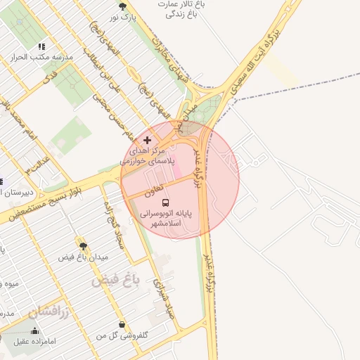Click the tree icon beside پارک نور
click(x=123, y=6)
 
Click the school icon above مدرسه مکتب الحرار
click(x=41, y=47)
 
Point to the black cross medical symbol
click(x=147, y=141)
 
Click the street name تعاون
click(x=154, y=188)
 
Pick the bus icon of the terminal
click(x=167, y=202)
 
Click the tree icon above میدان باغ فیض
click(x=83, y=246)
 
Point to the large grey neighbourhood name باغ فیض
click(x=116, y=280)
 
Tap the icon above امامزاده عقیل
click(x=34, y=330)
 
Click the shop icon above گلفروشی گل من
click(x=124, y=325)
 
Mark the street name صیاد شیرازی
click(x=163, y=295)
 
